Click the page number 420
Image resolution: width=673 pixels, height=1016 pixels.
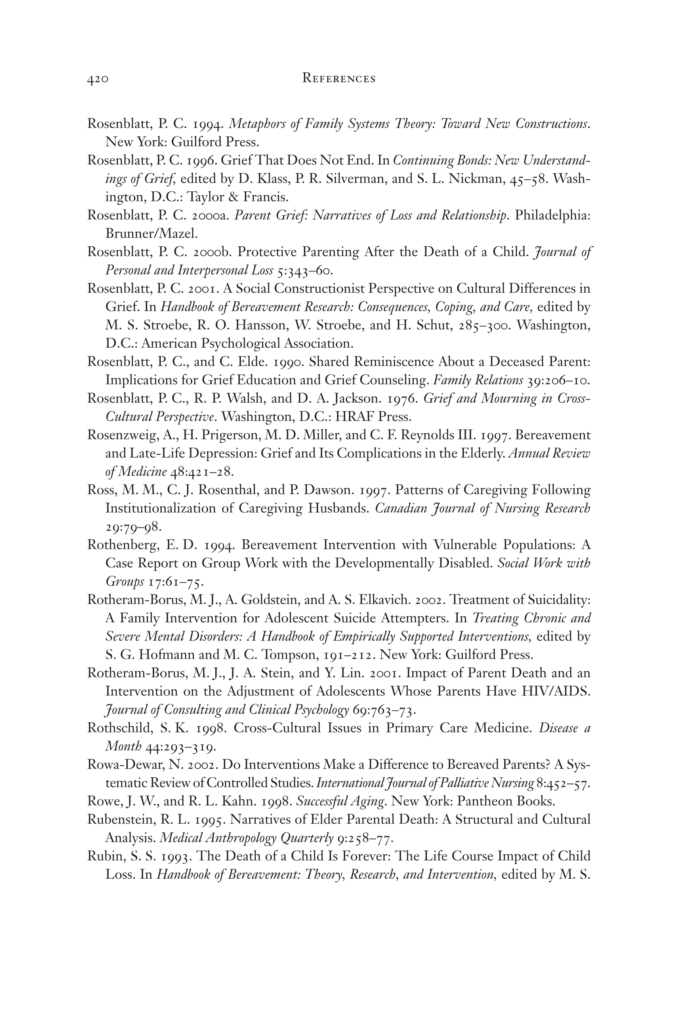point(98,80)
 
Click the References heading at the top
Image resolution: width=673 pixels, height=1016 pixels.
point(339,78)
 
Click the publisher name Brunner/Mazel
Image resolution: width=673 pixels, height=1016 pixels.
point(151,234)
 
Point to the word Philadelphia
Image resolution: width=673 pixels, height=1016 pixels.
point(552,215)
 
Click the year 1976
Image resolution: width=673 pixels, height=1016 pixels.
point(403,399)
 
